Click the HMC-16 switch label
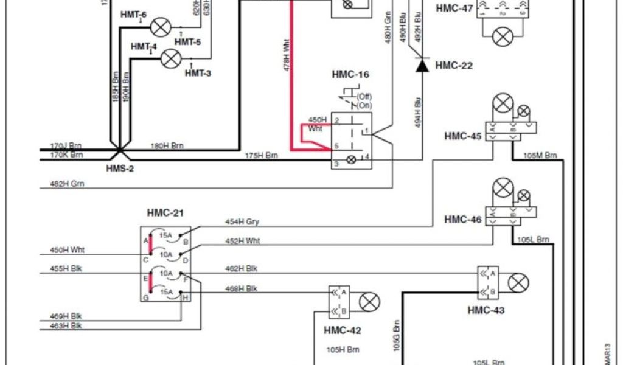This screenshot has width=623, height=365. point(350,75)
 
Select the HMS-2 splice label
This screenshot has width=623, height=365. point(121,168)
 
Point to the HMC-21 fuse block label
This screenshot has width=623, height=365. point(165,213)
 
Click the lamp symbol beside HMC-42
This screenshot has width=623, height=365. point(369,301)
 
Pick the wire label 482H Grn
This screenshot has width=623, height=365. point(68,183)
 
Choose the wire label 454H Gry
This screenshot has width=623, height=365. point(242,222)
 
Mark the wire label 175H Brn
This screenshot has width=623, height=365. point(261,156)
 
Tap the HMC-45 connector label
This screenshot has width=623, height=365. point(463,136)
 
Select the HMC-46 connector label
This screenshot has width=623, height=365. point(463,219)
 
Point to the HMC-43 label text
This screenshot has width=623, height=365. point(486,310)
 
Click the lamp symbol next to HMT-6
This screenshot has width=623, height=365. point(161,27)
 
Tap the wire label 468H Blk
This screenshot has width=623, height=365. point(242,288)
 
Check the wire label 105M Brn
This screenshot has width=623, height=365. point(542,156)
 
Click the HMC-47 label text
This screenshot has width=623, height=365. point(454,9)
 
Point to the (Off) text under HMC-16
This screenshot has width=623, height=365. point(364,97)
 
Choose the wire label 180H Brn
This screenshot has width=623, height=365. point(167,146)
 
